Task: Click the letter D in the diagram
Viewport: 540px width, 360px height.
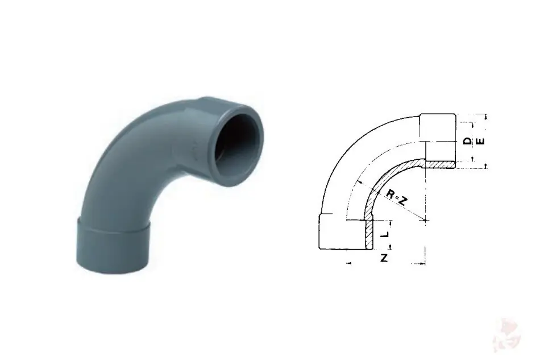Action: coord(467,141)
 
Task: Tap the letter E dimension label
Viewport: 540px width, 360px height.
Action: coord(481,141)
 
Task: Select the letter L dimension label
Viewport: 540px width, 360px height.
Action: coord(386,234)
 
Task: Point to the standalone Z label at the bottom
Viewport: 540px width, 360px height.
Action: coord(384,257)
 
